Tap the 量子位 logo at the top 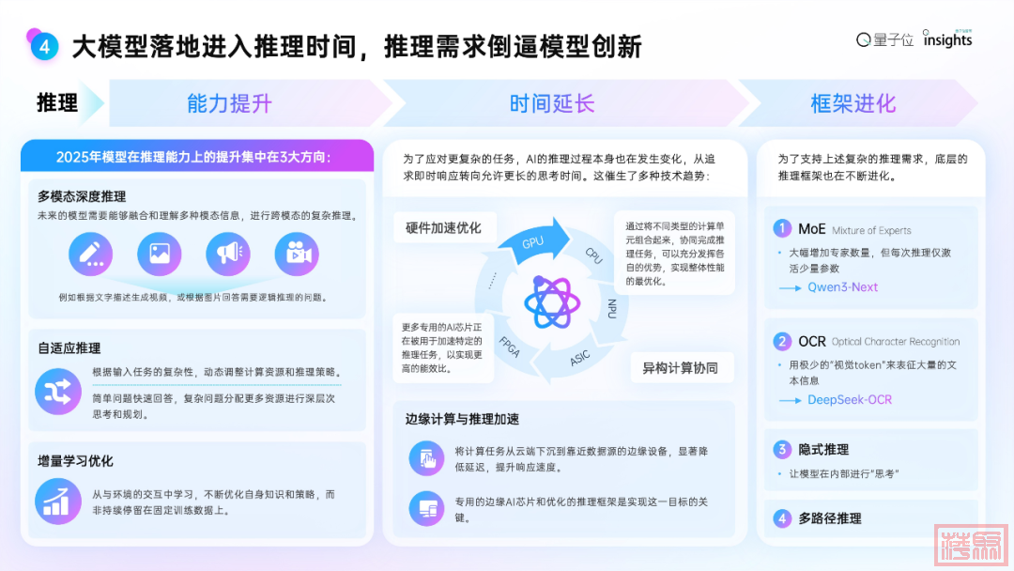coord(884,39)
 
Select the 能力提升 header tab coord(229,103)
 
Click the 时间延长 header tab coord(552,103)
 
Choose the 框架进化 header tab coord(853,103)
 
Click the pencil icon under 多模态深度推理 coord(90,254)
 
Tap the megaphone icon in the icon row coord(228,254)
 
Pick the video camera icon coord(297,254)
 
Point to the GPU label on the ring coord(533,241)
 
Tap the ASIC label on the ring coord(581,357)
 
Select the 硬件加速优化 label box coord(443,228)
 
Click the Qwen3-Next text coord(842,286)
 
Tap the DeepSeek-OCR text coord(850,399)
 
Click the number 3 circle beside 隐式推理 coord(782,449)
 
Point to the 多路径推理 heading coord(830,517)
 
